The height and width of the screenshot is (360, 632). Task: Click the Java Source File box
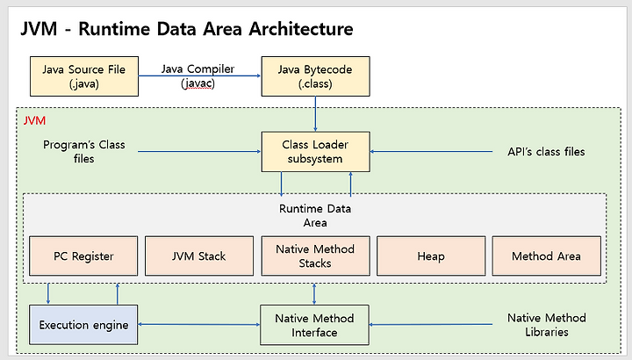[x=84, y=76]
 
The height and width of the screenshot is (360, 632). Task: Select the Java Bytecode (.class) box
[x=316, y=76]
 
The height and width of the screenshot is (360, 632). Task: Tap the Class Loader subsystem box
[x=316, y=152]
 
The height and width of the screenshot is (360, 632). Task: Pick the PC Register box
[x=83, y=256]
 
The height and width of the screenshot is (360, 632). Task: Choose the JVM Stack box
[x=199, y=256]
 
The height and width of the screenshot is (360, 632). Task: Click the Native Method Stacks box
[x=316, y=256]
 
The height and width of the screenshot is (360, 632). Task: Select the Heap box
[x=431, y=256]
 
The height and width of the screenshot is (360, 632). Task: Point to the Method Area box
[x=547, y=256]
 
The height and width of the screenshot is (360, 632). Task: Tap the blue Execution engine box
[x=83, y=325]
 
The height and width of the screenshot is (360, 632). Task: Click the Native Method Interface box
[x=314, y=325]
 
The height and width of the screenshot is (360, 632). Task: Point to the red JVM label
[x=34, y=120]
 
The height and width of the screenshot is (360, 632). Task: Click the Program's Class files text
[x=84, y=152]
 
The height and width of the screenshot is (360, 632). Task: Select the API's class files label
[x=546, y=152]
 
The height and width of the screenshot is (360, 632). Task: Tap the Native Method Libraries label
[x=547, y=325]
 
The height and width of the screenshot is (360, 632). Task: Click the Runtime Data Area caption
[x=315, y=216]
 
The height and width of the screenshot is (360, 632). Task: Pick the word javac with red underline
[x=197, y=83]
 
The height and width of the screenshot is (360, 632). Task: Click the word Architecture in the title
[x=301, y=29]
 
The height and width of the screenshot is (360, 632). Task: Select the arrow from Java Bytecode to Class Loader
[x=315, y=114]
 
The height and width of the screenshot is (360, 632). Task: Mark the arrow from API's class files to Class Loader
[x=431, y=152]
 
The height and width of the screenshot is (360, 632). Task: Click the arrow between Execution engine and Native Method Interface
[x=199, y=324]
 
